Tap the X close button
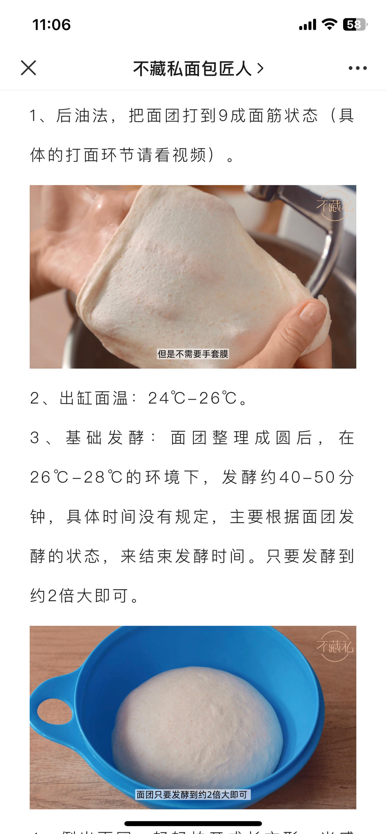(x=29, y=68)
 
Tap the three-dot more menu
(x=357, y=68)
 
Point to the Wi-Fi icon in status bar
(x=329, y=24)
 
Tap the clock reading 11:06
(x=51, y=25)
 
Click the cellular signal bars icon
(x=307, y=25)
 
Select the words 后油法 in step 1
(x=82, y=116)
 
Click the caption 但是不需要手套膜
(x=193, y=354)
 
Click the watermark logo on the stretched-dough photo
(x=335, y=206)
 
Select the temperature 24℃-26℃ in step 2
(x=193, y=398)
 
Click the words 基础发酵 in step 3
(x=104, y=438)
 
